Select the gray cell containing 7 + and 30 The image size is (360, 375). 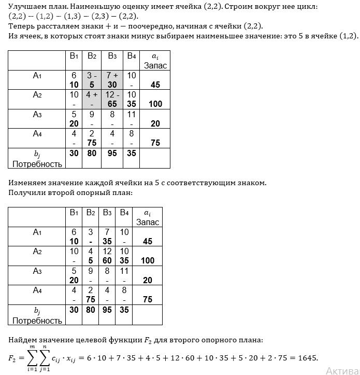112,80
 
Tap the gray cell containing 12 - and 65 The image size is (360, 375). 112,99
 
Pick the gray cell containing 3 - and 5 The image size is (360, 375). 92,80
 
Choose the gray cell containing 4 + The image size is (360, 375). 92,99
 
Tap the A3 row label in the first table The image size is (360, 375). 37,114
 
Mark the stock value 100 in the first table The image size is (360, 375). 155,104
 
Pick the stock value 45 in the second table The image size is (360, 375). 148,242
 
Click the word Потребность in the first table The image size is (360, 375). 37,164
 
